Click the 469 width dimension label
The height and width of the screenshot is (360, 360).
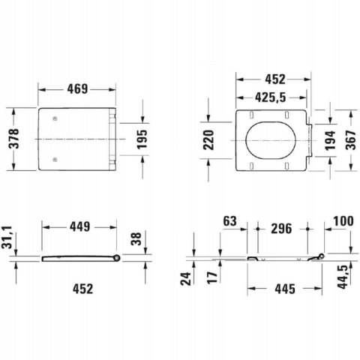[x=77, y=88]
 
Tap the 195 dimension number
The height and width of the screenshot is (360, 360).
[x=142, y=139]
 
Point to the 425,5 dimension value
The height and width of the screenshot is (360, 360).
[x=270, y=97]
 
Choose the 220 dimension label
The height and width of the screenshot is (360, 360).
[x=208, y=140]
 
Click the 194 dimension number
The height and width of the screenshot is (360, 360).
[x=330, y=140]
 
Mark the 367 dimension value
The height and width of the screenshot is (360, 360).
[x=351, y=140]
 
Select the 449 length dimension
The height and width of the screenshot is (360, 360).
[x=79, y=226]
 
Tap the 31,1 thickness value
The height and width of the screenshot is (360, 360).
[x=7, y=237]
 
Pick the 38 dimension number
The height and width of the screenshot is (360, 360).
[x=136, y=238]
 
